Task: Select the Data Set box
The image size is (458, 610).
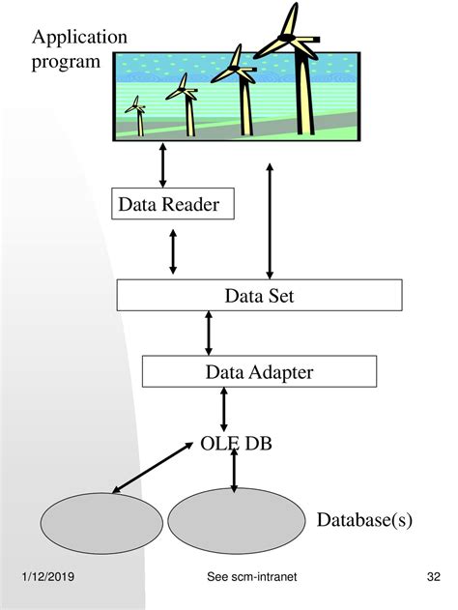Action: click(259, 295)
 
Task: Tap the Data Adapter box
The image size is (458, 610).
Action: click(258, 370)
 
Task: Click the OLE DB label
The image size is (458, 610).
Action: click(237, 443)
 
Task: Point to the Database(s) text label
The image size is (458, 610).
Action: click(364, 520)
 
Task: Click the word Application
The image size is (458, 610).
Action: click(79, 38)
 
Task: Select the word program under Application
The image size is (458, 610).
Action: click(66, 62)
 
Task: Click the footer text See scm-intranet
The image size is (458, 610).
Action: click(251, 577)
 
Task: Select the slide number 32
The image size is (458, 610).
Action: click(433, 577)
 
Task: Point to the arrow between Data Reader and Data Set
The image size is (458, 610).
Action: click(173, 250)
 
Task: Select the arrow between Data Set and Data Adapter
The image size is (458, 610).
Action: click(209, 333)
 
